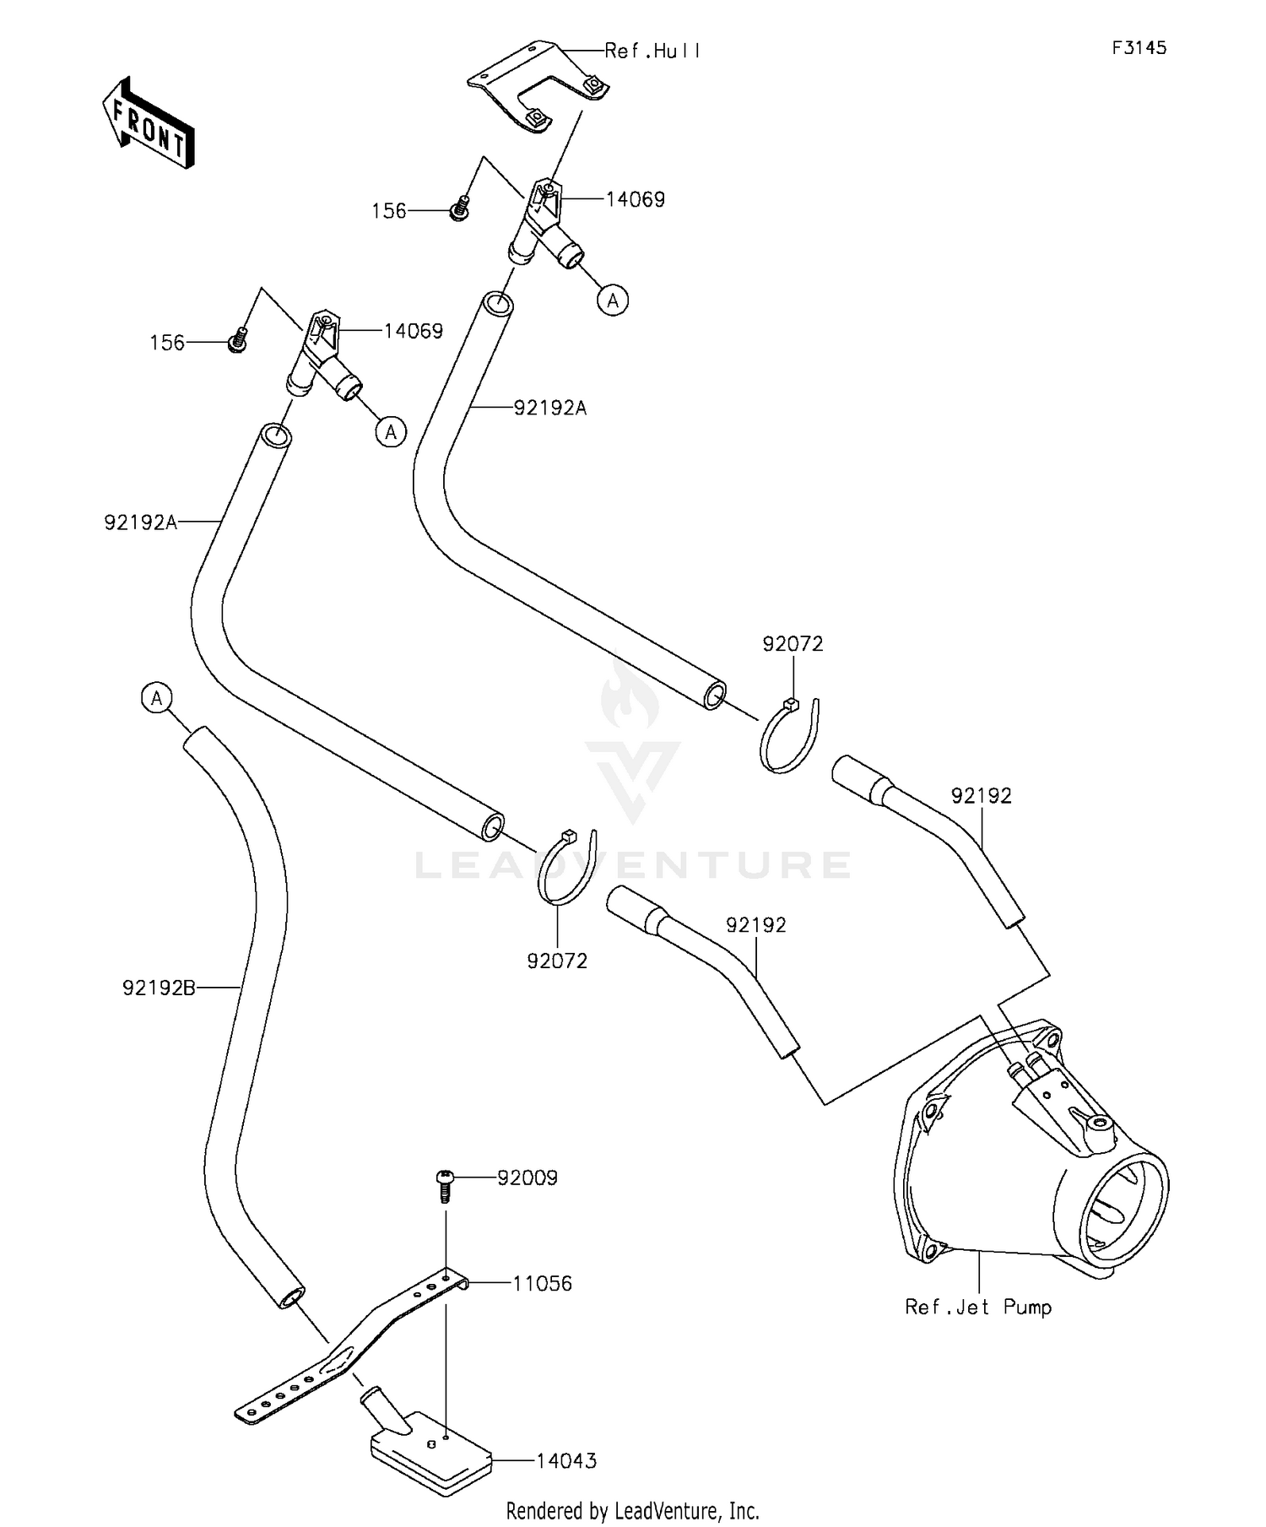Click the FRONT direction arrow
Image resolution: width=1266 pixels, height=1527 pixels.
(149, 123)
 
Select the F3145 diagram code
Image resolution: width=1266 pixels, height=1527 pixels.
(1139, 48)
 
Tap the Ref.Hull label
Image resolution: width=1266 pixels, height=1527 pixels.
(652, 51)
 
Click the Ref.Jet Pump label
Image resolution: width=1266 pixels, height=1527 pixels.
(978, 1308)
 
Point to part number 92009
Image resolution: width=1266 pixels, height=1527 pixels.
(527, 1178)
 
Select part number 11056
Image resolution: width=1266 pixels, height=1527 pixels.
(542, 1284)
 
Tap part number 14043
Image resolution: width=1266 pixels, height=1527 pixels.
(566, 1461)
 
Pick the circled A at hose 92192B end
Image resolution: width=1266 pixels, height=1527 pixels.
(157, 698)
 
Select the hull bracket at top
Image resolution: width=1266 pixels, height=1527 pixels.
(538, 88)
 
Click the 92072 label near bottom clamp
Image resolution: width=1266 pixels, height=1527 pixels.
(557, 961)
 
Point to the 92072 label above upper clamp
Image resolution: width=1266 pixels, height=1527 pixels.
(793, 644)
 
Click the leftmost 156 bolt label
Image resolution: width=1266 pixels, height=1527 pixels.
(167, 343)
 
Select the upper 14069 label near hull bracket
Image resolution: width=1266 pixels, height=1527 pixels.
(636, 200)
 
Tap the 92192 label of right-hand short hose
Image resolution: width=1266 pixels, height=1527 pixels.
(982, 796)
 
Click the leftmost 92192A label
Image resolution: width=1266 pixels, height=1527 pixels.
(141, 523)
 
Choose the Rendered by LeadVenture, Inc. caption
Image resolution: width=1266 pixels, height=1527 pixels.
(633, 1510)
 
